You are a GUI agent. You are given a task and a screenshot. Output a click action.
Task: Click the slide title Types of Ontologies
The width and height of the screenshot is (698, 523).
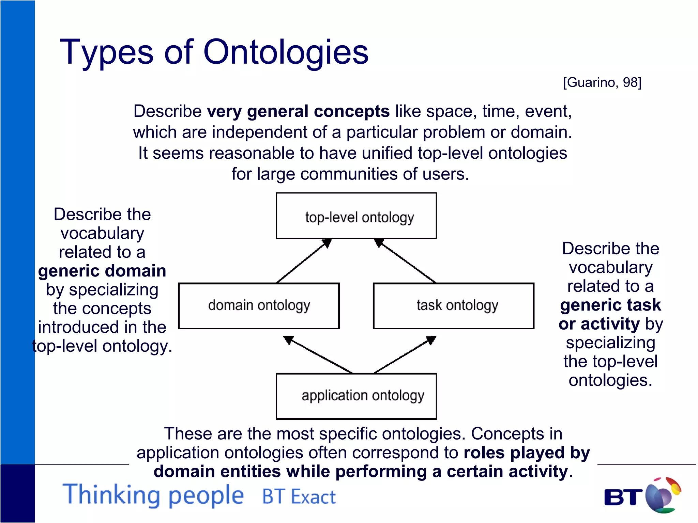pyautogui.click(x=214, y=52)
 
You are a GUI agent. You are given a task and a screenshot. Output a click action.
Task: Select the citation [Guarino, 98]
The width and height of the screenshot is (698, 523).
pyautogui.click(x=602, y=82)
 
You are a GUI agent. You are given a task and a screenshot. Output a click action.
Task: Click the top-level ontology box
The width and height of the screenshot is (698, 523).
pyautogui.click(x=356, y=216)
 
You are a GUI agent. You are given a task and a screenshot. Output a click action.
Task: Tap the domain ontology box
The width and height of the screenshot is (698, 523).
pyautogui.click(x=259, y=305)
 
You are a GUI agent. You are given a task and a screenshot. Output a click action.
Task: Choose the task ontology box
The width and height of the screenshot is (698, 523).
pyautogui.click(x=453, y=305)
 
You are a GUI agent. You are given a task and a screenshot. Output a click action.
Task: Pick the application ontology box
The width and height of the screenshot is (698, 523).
pyautogui.click(x=356, y=396)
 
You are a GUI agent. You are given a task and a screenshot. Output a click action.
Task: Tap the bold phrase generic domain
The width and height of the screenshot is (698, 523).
pyautogui.click(x=102, y=271)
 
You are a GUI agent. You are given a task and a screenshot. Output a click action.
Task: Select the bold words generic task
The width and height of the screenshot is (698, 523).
pyautogui.click(x=610, y=305)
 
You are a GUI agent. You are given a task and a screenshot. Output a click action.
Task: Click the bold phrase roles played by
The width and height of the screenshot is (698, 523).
pyautogui.click(x=527, y=453)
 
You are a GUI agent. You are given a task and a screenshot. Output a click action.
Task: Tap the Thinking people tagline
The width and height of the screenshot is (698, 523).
pyautogui.click(x=153, y=495)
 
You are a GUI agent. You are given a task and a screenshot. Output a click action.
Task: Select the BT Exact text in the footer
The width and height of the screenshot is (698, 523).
pyautogui.click(x=299, y=497)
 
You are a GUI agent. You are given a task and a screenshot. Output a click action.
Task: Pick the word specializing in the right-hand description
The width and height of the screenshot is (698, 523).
pyautogui.click(x=610, y=343)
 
